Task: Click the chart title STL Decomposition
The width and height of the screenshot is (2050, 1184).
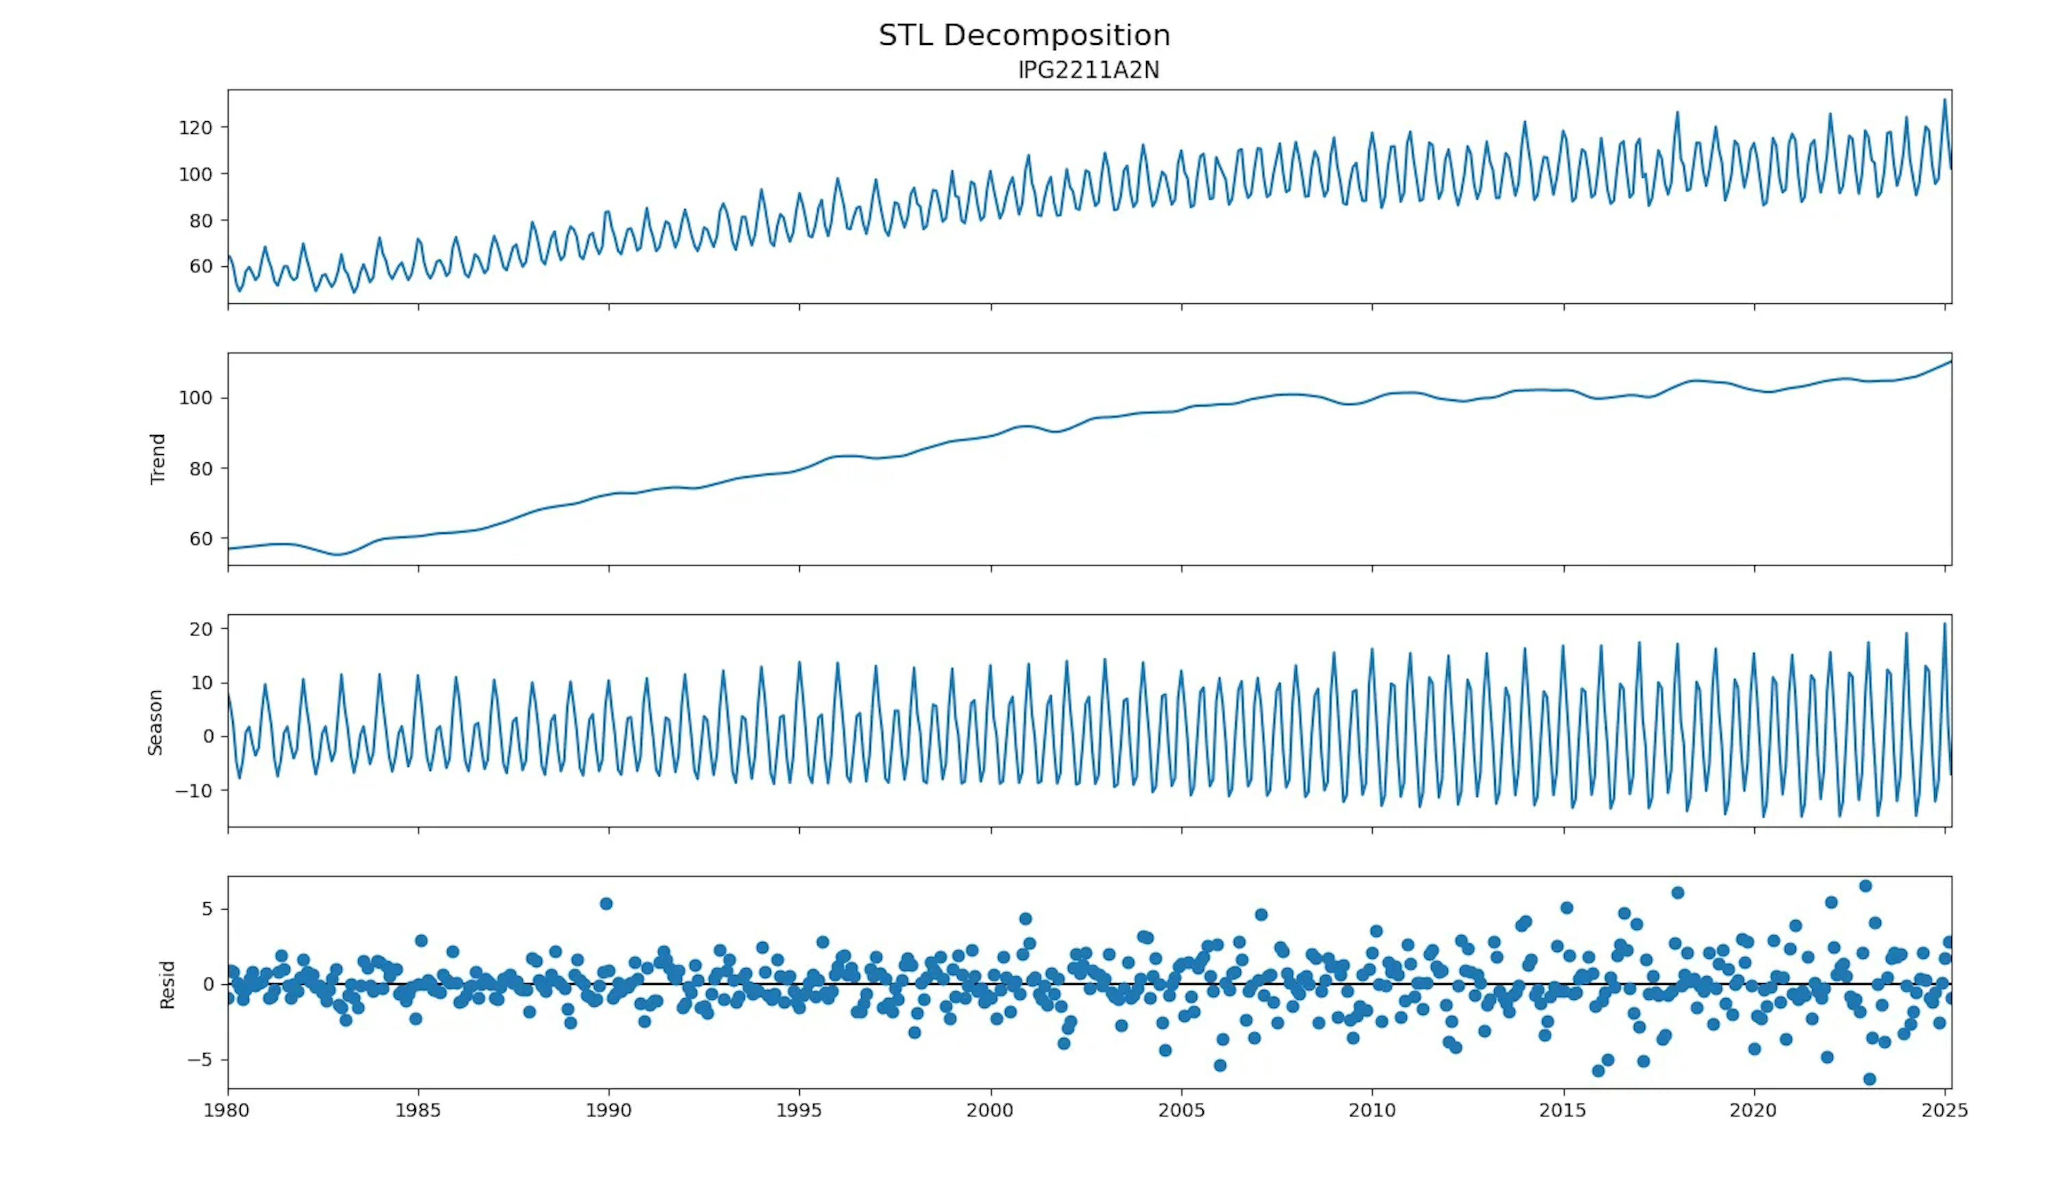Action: (1024, 35)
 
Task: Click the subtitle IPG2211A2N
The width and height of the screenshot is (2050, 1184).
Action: (1088, 70)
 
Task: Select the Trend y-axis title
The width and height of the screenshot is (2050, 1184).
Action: (158, 460)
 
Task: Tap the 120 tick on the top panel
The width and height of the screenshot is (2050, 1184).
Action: (195, 128)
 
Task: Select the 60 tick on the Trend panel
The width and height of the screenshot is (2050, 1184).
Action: (200, 539)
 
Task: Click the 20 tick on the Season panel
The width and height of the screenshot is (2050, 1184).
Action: (202, 629)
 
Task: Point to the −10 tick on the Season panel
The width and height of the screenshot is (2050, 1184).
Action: (194, 791)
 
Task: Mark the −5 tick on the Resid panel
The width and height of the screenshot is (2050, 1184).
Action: (199, 1060)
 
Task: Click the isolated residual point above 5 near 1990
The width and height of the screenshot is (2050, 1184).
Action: (606, 903)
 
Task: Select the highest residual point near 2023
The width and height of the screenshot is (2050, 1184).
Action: (1865, 886)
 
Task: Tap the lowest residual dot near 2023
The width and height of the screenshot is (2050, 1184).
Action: (1870, 1079)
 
